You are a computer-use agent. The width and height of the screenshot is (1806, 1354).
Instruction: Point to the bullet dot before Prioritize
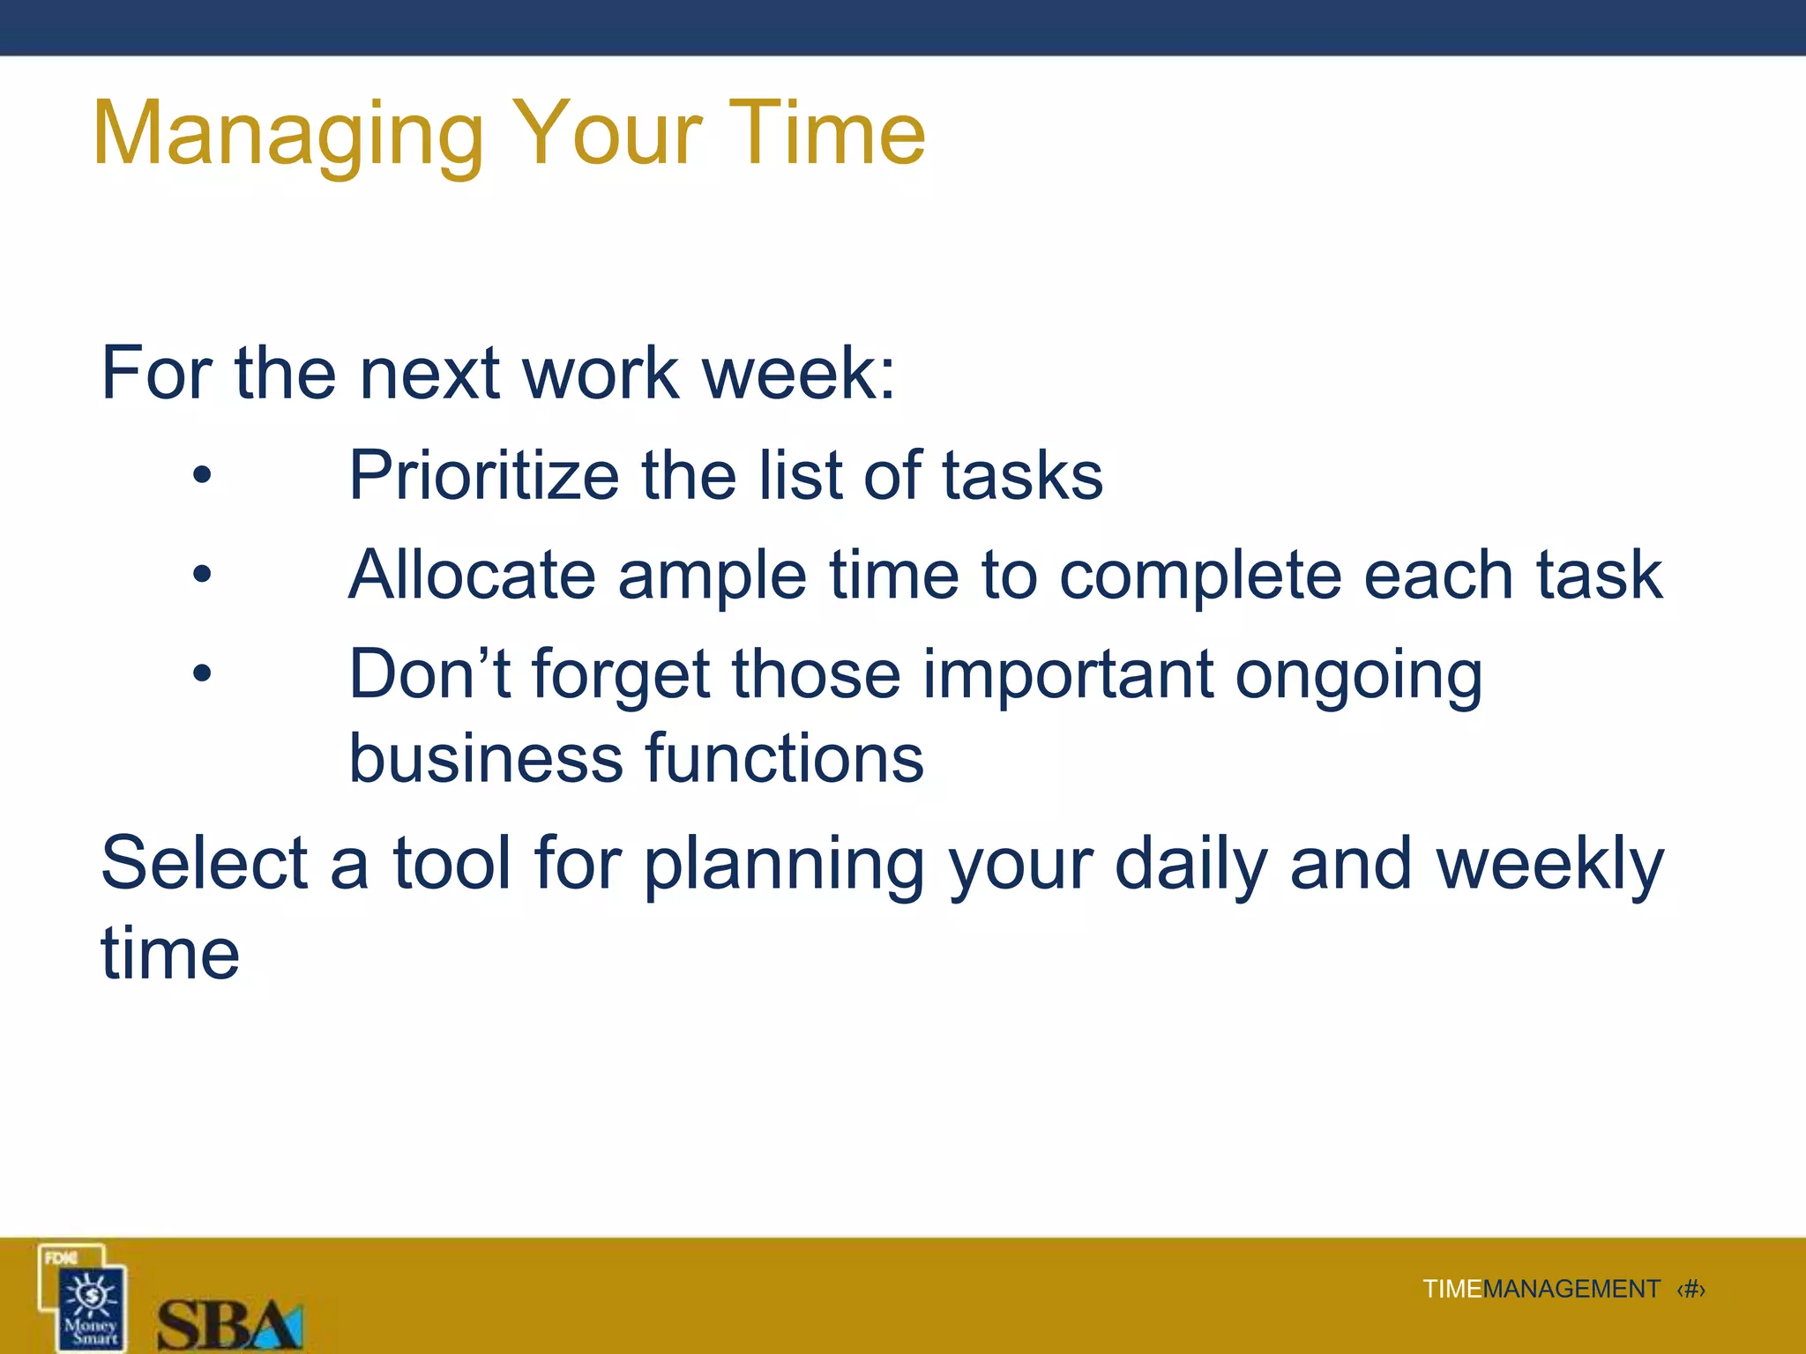pyautogui.click(x=203, y=476)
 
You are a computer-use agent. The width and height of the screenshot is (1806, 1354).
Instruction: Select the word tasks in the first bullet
pyautogui.click(x=1022, y=476)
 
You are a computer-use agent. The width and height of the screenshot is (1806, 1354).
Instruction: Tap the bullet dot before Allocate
pyautogui.click(x=203, y=575)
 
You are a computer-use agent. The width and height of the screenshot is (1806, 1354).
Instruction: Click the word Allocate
pyautogui.click(x=472, y=575)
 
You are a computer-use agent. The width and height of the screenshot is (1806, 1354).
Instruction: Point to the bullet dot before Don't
pyautogui.click(x=203, y=674)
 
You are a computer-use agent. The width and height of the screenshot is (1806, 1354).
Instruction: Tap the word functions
pyautogui.click(x=784, y=758)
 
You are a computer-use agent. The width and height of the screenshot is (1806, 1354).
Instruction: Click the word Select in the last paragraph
pyautogui.click(x=204, y=863)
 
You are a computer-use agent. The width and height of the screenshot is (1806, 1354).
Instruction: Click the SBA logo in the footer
pyautogui.click(x=229, y=1323)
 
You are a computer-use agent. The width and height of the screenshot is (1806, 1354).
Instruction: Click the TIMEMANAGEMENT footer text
pyautogui.click(x=1541, y=1290)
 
